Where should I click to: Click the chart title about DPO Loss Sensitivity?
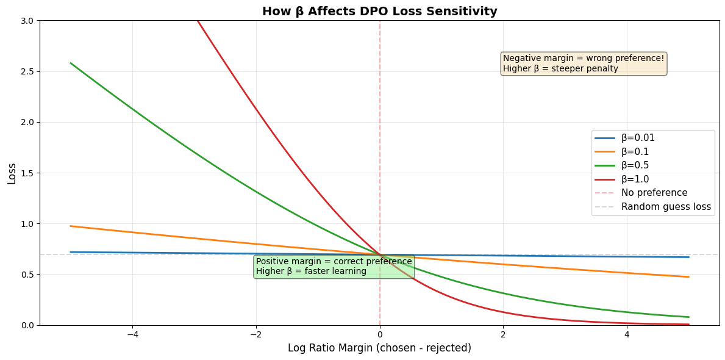[x=379, y=11]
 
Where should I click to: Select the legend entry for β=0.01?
[x=638, y=138]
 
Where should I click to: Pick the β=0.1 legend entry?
[x=635, y=152]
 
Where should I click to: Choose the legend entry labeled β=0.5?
[x=635, y=165]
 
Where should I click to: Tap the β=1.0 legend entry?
[x=635, y=179]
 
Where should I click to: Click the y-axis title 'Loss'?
[x=12, y=173]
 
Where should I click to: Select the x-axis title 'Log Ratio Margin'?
[x=379, y=348]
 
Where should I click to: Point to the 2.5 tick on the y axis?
[x=27, y=71]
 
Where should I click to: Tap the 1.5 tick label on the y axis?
[x=27, y=173]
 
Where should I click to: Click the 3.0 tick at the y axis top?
[x=27, y=21]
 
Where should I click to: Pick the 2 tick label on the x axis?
[x=503, y=334]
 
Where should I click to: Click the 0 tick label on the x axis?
[x=380, y=334]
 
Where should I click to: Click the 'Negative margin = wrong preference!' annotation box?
[x=584, y=63]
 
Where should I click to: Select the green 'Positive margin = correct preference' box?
[x=334, y=267]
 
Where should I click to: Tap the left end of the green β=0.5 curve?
[x=71, y=63]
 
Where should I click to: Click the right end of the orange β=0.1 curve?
[x=688, y=277]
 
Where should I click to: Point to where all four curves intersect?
[x=380, y=254]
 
